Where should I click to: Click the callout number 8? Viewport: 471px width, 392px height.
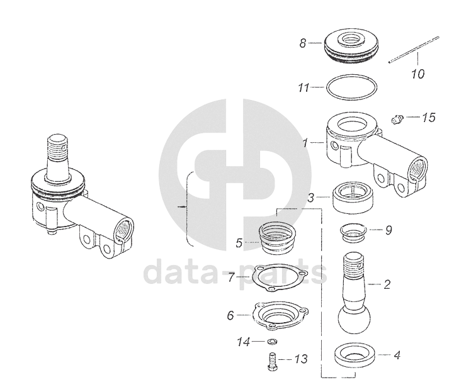[303, 43]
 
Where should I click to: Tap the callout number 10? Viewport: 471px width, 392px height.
[417, 74]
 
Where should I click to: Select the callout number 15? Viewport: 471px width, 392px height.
[429, 118]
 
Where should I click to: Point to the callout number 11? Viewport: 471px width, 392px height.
[304, 87]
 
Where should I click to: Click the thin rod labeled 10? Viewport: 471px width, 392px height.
[414, 50]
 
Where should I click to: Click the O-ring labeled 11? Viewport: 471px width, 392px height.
[351, 87]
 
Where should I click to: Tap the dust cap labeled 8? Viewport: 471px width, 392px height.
[351, 46]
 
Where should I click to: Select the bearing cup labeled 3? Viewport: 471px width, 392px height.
[353, 197]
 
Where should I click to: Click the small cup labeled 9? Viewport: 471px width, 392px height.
[353, 232]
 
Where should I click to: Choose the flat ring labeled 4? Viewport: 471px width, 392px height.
[355, 356]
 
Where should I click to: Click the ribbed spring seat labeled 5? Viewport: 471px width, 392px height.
[277, 238]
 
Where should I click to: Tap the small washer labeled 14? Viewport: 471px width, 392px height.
[272, 341]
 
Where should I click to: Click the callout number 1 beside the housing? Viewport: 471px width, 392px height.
[305, 143]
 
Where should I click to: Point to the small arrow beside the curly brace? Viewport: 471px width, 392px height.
[181, 207]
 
